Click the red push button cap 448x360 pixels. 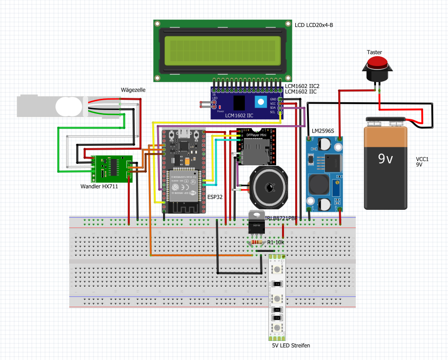click(377, 63)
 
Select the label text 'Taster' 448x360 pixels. click(375, 52)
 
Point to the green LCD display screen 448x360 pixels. click(222, 49)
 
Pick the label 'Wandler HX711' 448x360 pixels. click(99, 186)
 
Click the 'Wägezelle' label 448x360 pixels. click(133, 90)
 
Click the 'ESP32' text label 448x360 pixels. click(215, 197)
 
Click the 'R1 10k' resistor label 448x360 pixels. click(275, 243)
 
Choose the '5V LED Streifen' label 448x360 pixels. click(291, 345)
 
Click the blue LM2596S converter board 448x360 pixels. click(324, 173)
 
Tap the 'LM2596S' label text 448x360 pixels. click(323, 131)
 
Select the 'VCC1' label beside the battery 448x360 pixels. click(422, 159)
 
